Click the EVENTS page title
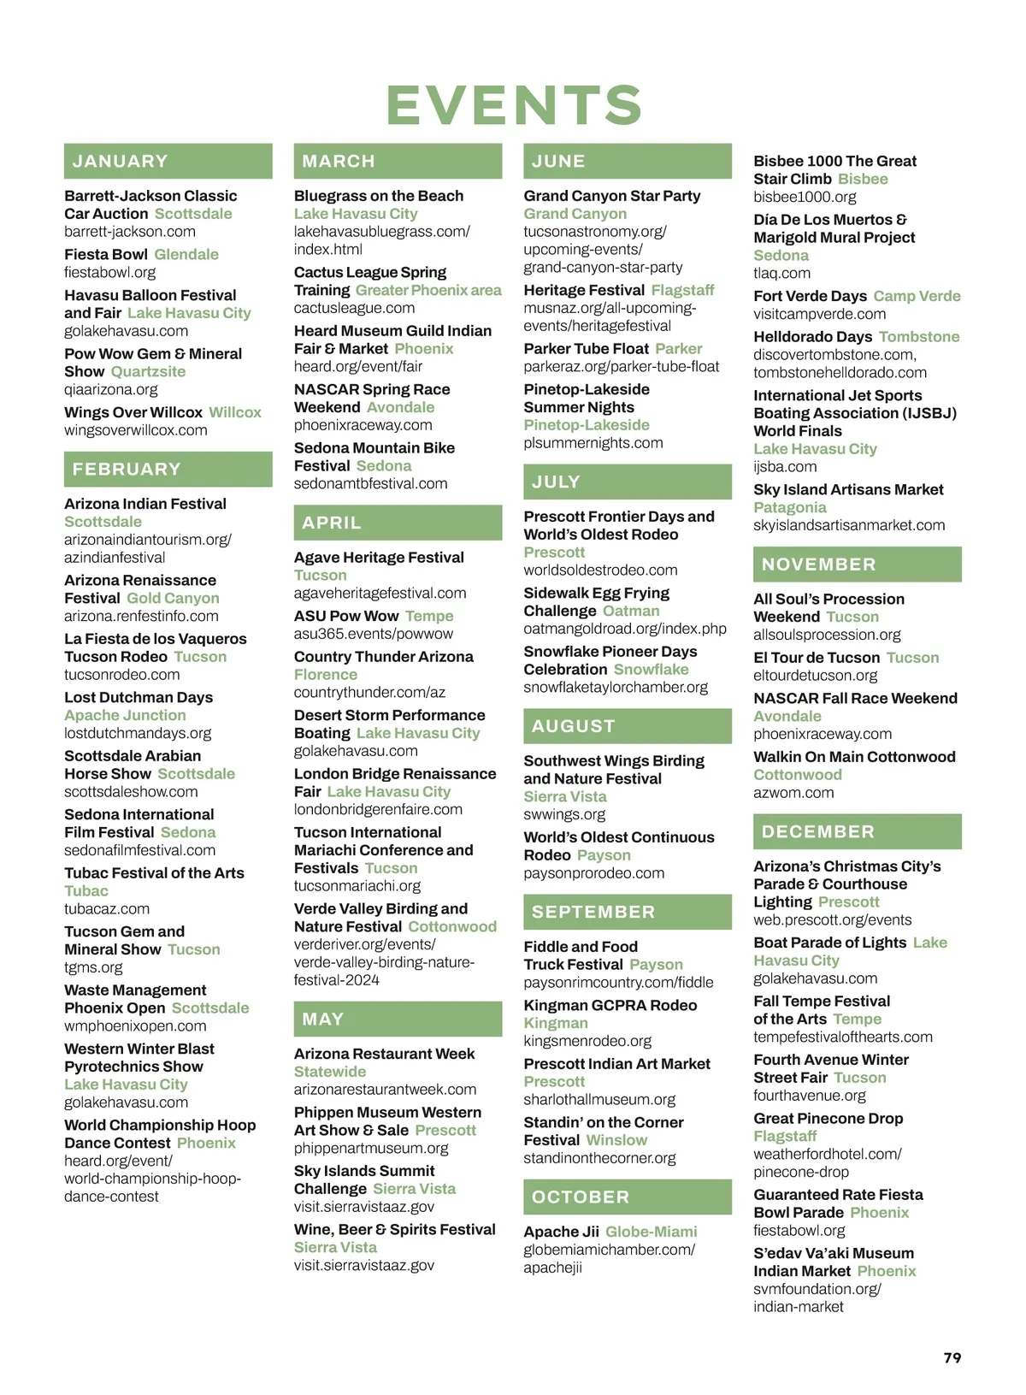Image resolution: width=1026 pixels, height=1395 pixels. tap(514, 105)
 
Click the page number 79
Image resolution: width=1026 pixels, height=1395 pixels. tap(952, 1358)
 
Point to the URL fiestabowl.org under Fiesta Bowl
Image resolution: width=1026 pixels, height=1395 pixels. tap(109, 272)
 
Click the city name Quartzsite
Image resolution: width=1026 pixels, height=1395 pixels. tap(148, 371)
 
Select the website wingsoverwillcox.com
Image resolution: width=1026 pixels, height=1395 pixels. tap(135, 430)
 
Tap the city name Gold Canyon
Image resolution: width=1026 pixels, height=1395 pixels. tap(173, 598)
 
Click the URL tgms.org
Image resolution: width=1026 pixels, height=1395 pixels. tap(93, 967)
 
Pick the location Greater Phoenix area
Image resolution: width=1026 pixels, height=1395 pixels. tap(428, 290)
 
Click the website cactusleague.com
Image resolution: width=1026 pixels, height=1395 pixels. tap(354, 308)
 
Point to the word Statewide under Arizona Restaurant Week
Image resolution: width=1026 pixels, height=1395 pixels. tap(329, 1072)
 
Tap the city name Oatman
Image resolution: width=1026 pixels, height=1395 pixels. tap(631, 611)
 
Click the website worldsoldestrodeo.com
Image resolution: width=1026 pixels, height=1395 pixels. tap(600, 570)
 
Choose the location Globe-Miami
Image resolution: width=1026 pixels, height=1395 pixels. tap(651, 1232)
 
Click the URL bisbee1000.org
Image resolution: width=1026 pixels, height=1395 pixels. tap(804, 197)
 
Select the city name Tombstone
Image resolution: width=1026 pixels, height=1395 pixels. tap(918, 337)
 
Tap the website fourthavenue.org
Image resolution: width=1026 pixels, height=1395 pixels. tap(809, 1096)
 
